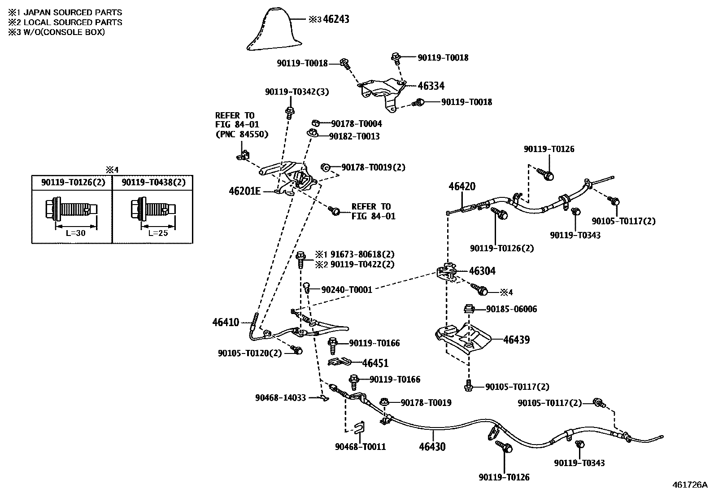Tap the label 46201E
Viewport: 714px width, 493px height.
coord(244,191)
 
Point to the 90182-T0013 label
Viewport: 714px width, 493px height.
coord(354,136)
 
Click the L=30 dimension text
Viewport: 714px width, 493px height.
coord(75,233)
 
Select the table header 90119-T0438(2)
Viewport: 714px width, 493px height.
coord(152,183)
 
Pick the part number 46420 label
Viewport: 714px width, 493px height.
coord(462,186)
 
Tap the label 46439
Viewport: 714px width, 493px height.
coord(516,340)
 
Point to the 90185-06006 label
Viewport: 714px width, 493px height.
coord(511,309)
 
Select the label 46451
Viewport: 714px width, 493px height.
coord(375,363)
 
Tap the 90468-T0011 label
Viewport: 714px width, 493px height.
coord(360,446)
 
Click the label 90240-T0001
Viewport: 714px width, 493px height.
coord(347,290)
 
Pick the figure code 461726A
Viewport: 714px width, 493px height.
coord(689,485)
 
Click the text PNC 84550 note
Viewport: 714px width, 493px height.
coord(242,134)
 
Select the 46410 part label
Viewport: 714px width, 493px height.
coord(226,322)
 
